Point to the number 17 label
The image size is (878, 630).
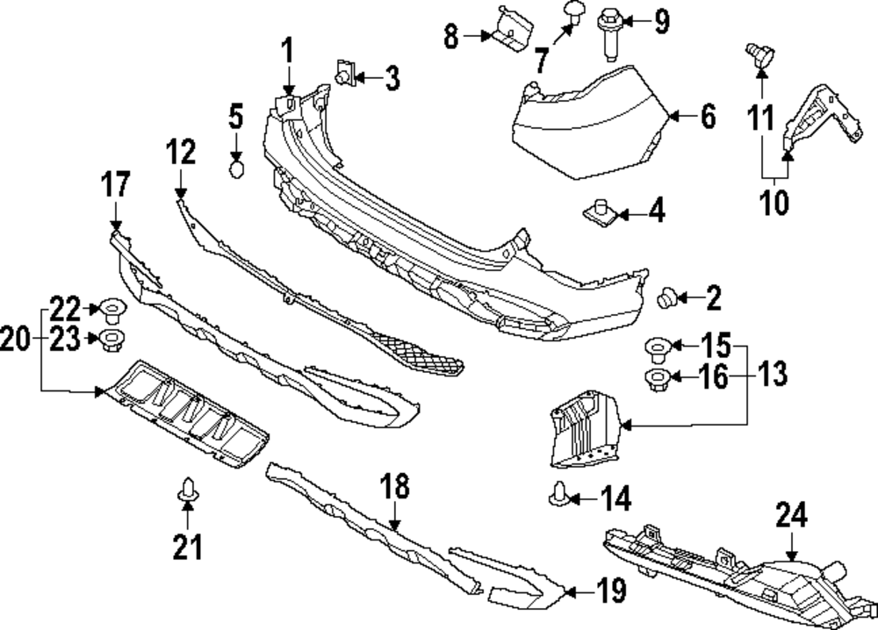coord(116,186)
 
